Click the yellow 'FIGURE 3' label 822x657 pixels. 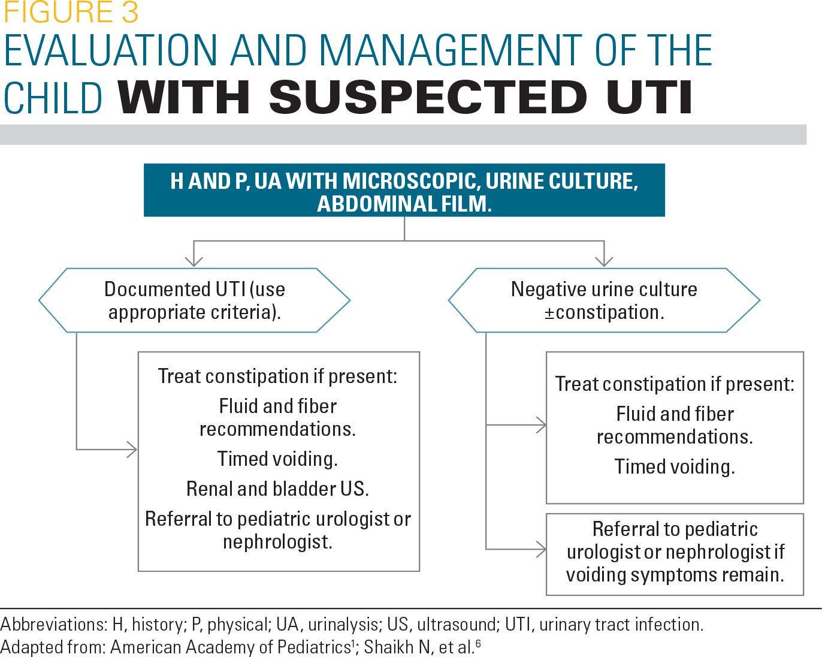[71, 12]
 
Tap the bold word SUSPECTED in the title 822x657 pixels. [428, 97]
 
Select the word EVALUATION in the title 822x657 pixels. [112, 50]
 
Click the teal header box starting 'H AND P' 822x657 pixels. [404, 190]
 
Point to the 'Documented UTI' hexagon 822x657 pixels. [194, 300]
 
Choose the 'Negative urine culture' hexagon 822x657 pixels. [604, 300]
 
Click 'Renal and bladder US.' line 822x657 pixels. [277, 489]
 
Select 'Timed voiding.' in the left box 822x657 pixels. [277, 459]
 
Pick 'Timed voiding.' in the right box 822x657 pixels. [675, 466]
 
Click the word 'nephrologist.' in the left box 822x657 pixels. [277, 542]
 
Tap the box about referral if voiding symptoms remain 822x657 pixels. [675, 553]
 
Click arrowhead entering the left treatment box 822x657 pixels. [132, 449]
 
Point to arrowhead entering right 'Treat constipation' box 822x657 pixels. [541, 425]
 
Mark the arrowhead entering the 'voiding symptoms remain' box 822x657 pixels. [541, 548]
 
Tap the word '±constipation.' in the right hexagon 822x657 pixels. [604, 312]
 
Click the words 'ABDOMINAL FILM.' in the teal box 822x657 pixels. [404, 204]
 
